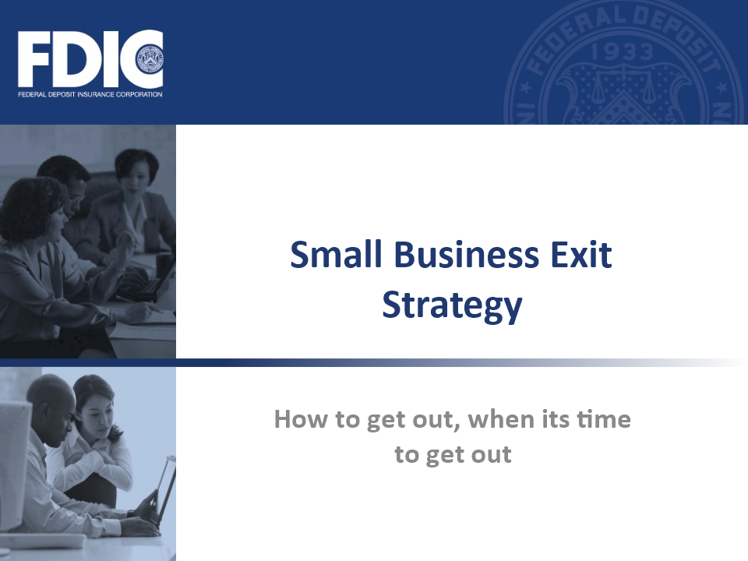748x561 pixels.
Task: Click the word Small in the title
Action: click(337, 254)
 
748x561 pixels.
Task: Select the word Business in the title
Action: click(467, 254)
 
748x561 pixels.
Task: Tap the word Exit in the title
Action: click(581, 254)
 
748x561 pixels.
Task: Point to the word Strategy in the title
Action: click(452, 306)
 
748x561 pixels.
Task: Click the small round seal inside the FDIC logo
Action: click(150, 59)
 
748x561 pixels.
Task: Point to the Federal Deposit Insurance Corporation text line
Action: click(90, 94)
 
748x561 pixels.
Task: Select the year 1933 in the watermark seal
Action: click(622, 51)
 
